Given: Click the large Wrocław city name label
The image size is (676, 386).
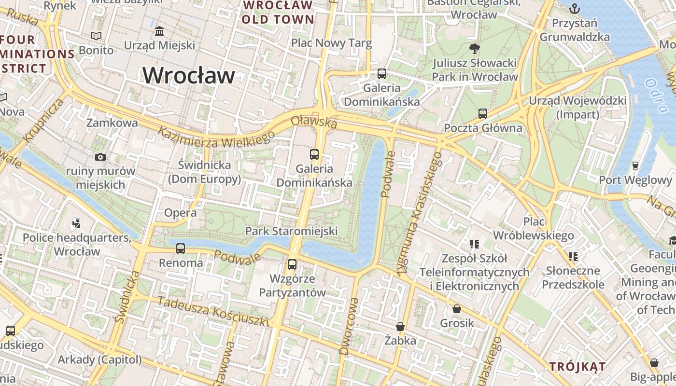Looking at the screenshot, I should pos(189,76).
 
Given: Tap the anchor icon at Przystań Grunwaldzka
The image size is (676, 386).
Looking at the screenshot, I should pos(575,8).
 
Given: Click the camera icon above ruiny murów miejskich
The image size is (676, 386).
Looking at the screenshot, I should pos(100,157).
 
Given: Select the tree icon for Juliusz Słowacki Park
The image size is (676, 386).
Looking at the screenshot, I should pos(475,48).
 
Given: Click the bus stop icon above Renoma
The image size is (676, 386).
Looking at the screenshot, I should pos(181,248).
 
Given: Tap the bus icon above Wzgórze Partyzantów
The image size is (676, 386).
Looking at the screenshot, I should pos(292,264).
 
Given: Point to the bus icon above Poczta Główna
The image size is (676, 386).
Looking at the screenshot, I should pos(483,114).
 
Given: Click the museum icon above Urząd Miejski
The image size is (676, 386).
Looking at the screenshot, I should pos(159,31).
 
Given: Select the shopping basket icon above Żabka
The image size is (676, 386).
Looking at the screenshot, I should pos(400,327).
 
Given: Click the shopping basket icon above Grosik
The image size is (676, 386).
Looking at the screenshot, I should pos(457,309).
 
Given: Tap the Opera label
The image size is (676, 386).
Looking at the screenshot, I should pos(180,213).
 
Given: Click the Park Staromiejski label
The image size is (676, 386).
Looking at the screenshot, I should pos(291,231).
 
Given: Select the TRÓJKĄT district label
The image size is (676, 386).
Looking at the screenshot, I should pos(577,367).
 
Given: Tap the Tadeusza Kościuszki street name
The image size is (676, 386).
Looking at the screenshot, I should pos(212,312).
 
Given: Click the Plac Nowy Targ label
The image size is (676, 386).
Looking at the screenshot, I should pos(331,43).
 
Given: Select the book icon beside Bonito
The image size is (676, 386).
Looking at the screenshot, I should pos(96,36).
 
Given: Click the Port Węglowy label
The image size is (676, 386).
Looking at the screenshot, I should pos(635,180).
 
